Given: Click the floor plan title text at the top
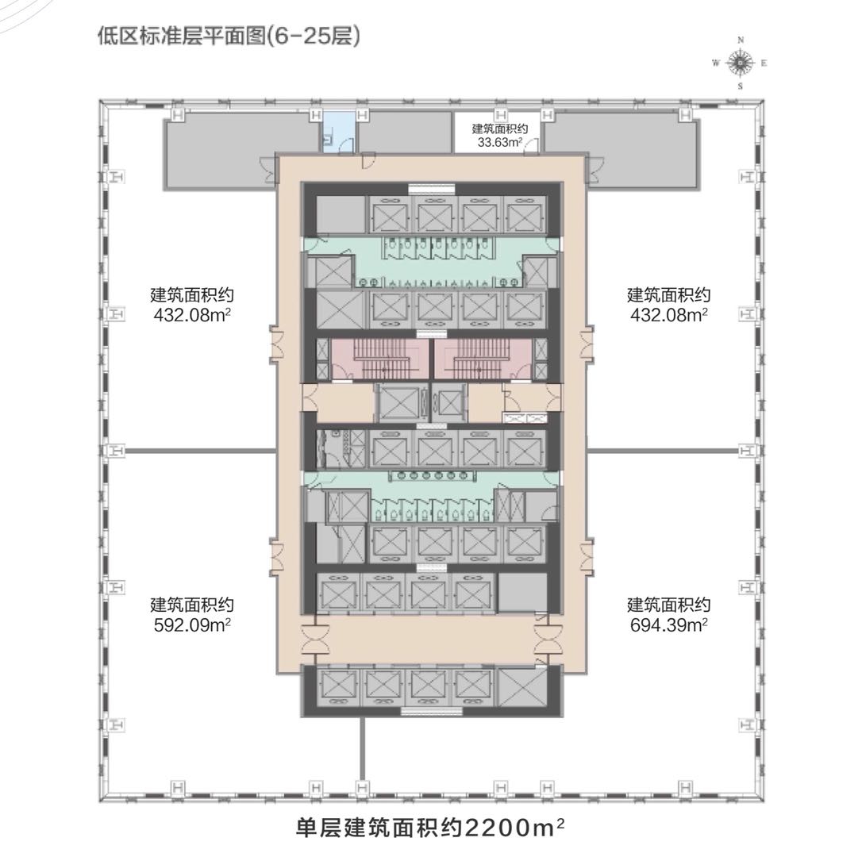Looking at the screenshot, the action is pos(229,37).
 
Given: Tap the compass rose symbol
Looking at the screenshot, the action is pos(741,63).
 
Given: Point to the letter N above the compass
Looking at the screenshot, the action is pos(741,40).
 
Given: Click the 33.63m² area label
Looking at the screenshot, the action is pos(500,142).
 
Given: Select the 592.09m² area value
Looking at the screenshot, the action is pos(192,625).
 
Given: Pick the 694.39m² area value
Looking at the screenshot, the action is pos(668,625).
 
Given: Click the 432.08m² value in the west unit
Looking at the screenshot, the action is pos(192,315).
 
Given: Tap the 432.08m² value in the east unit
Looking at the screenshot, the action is pos(668,315).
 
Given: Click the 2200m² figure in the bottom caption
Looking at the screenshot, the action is pos(514,828).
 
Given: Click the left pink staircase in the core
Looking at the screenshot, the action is pos(379,359).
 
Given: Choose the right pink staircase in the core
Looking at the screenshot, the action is pos(483,359).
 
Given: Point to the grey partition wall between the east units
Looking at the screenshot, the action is pos(663,452).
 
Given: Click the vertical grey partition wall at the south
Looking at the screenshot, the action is pos(362,749).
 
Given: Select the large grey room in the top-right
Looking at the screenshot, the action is pos(621,149).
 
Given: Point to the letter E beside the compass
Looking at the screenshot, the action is pos(764,63).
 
